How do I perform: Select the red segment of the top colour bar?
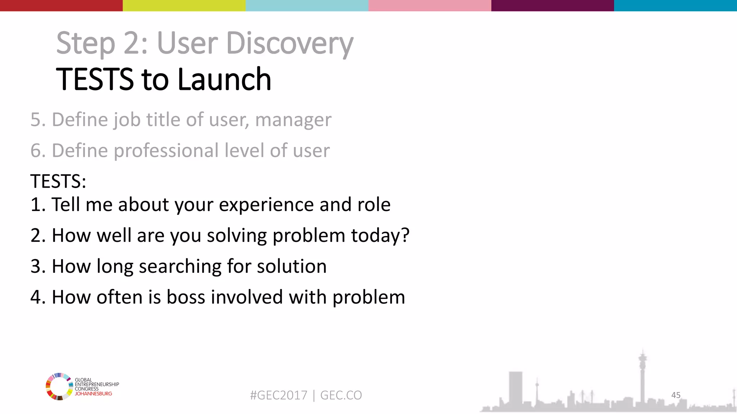61,5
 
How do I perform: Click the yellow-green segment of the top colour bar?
184,5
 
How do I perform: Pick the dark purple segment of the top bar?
552,5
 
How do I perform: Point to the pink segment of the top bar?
430,5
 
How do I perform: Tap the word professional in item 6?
166,151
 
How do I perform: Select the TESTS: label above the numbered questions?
58,181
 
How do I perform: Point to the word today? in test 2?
380,236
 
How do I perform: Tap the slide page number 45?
675,395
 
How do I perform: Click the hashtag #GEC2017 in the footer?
279,395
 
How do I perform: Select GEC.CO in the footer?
341,395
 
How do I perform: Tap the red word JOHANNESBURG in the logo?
93,394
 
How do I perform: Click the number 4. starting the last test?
37,297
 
